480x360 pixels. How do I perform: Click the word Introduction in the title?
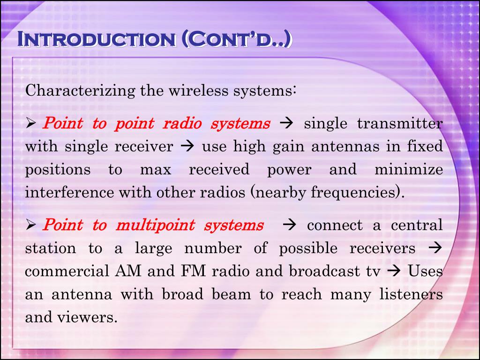[x=96, y=39]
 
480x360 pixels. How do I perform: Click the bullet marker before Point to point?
[x=31, y=124]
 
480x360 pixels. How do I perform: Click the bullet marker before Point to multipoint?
[x=31, y=226]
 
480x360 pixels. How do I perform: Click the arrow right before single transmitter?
[x=285, y=124]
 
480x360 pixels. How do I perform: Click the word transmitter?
[x=399, y=124]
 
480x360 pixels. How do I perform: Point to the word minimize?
[x=408, y=169]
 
